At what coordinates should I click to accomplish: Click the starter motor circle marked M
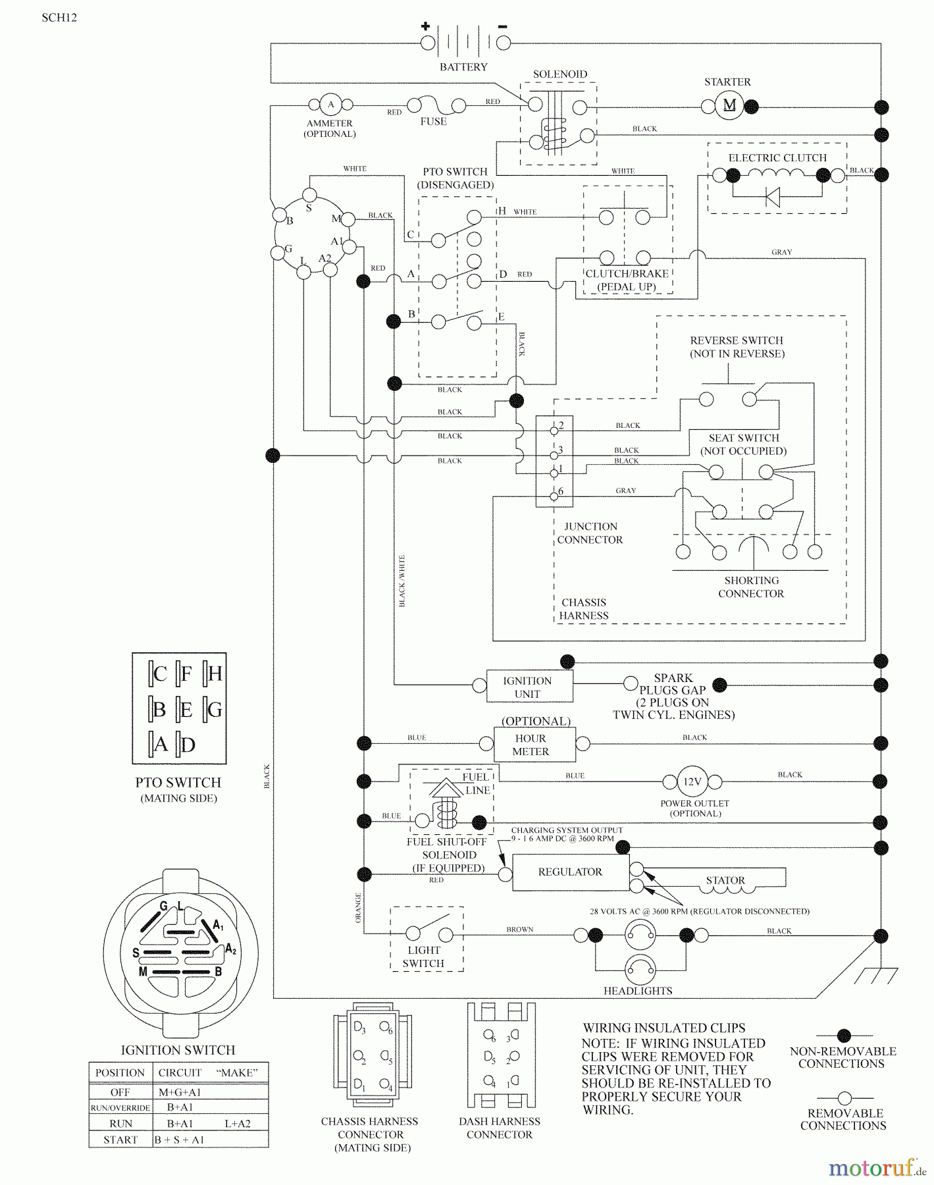pos(729,105)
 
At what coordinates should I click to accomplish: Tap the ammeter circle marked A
pos(330,105)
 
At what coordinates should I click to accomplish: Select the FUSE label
pos(433,122)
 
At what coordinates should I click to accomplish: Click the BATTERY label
pos(463,67)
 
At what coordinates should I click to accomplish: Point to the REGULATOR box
pos(570,872)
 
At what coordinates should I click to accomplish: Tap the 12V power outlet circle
pos(692,782)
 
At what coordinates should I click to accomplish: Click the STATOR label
pos(725,880)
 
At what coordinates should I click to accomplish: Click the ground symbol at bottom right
pos(879,976)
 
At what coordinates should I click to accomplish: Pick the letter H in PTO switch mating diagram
pos(215,673)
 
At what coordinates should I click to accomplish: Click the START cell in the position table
pos(120,1140)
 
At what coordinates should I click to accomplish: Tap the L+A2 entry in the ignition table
pos(238,1124)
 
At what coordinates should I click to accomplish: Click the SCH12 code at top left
pos(59,18)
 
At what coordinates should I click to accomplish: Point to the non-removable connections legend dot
pos(844,1036)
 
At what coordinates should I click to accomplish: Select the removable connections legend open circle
pos(844,1098)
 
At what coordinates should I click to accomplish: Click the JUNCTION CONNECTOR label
pos(590,533)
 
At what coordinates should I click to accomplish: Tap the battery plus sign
pos(426,26)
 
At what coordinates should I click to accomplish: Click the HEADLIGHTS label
pos(637,991)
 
